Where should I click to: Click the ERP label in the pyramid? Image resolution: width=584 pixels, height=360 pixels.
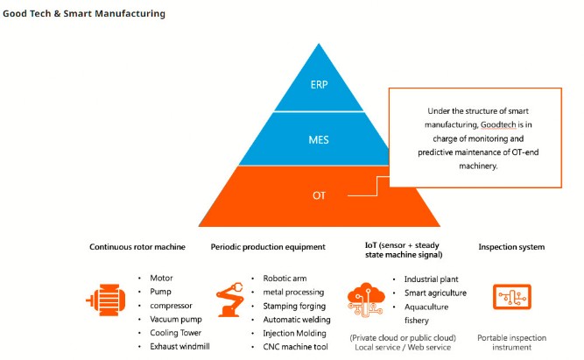(x=320, y=85)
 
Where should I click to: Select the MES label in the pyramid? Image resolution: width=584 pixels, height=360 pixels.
(x=319, y=140)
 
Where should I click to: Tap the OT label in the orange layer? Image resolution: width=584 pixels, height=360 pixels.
(x=319, y=195)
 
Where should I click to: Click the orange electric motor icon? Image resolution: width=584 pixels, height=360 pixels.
(x=106, y=300)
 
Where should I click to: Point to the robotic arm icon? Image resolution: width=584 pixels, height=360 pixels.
(x=230, y=300)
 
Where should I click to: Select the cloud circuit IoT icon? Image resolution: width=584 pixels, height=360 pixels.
(x=366, y=300)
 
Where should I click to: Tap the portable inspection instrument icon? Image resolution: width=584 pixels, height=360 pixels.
(x=511, y=297)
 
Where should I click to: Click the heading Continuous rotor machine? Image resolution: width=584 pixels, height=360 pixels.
(x=137, y=247)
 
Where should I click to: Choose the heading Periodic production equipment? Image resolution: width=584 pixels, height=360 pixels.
(x=268, y=247)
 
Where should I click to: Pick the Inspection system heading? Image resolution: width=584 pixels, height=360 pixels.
(x=511, y=247)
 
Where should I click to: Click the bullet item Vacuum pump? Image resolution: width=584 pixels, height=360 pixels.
(x=176, y=320)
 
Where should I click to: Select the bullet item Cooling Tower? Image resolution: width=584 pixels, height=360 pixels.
(x=175, y=333)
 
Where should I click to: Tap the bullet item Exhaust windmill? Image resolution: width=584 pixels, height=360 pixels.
(x=179, y=346)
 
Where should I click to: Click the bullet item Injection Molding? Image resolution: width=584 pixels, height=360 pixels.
(x=294, y=333)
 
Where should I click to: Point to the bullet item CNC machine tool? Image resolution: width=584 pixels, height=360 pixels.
(x=295, y=347)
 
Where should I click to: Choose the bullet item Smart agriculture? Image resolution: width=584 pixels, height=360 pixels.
(x=435, y=293)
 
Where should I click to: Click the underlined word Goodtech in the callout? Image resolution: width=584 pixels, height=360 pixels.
(x=498, y=124)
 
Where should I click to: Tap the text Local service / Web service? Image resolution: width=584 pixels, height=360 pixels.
(x=403, y=348)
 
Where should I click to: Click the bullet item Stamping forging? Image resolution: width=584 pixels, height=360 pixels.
(x=294, y=306)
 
